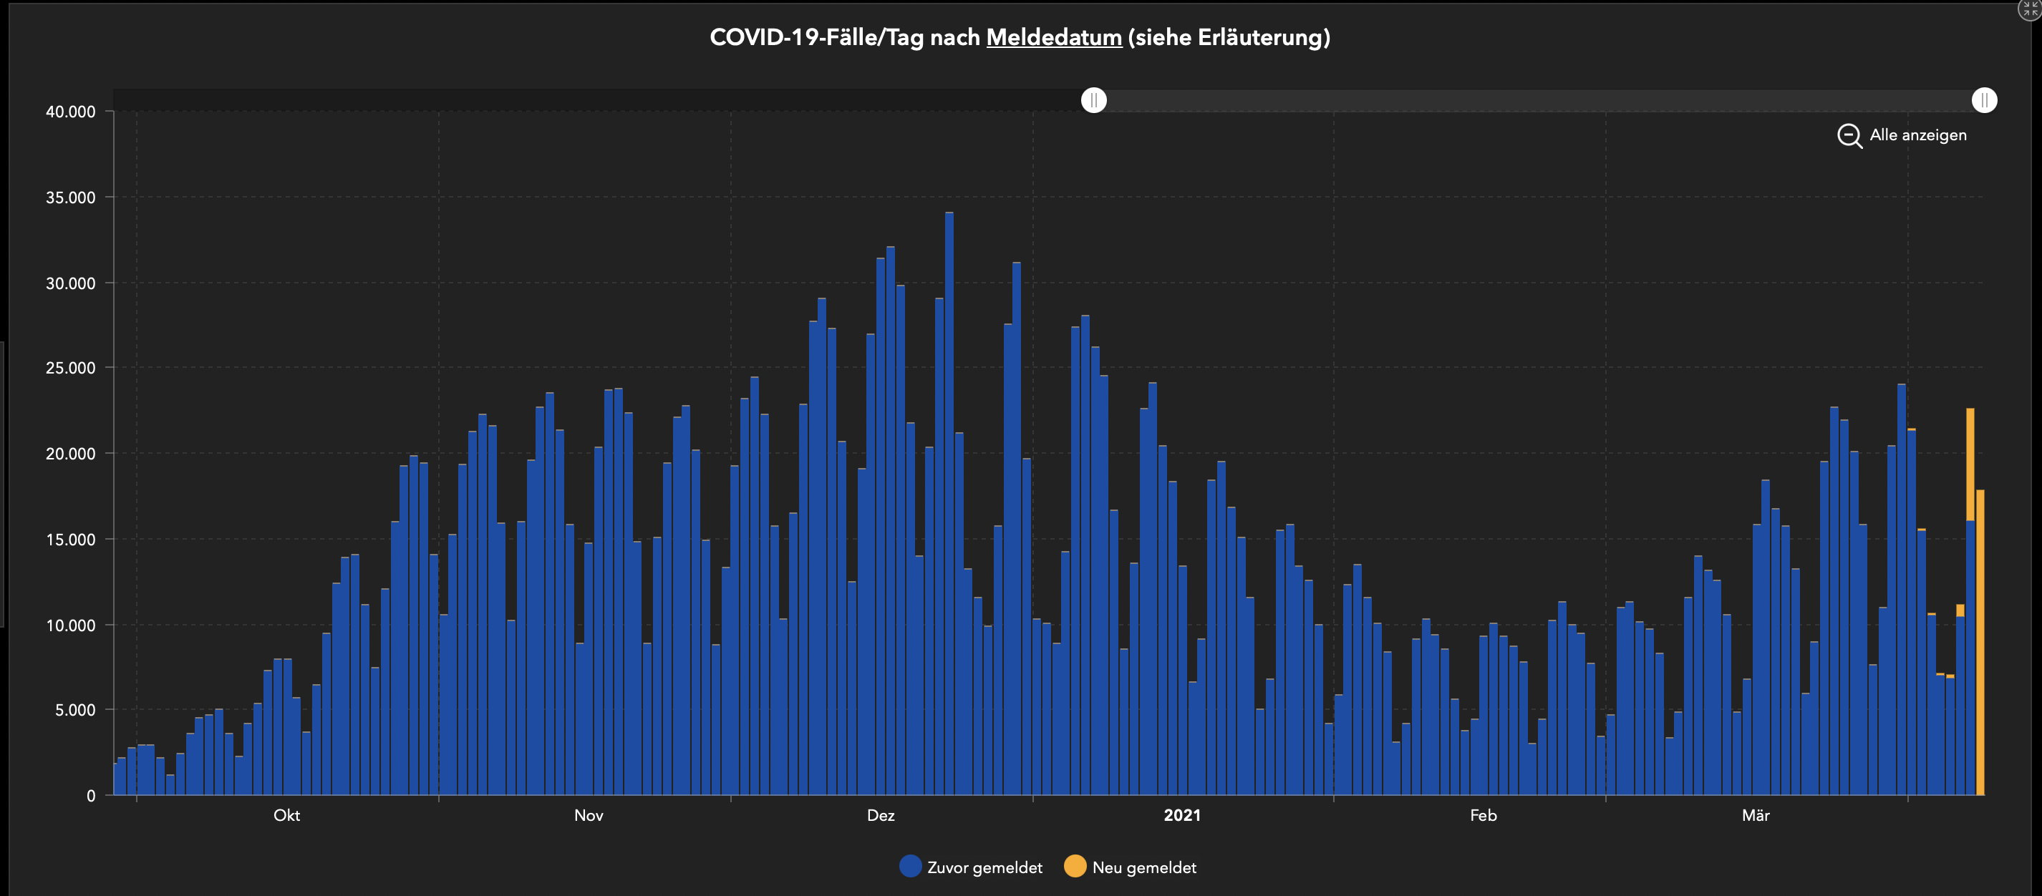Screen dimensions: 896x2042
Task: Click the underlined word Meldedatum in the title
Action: (x=1053, y=37)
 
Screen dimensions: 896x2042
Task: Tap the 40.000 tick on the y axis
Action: (x=71, y=112)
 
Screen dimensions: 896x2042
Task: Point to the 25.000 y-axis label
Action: (x=71, y=368)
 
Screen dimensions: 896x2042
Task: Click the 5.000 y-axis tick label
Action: (x=74, y=710)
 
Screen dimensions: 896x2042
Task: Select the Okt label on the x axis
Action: (x=286, y=815)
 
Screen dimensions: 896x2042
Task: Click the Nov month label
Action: (x=589, y=815)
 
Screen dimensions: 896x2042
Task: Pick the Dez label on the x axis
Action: (x=880, y=815)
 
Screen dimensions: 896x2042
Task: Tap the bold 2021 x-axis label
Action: (x=1181, y=815)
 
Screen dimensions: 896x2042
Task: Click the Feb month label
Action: (x=1482, y=815)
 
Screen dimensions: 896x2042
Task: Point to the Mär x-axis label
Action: (x=1755, y=815)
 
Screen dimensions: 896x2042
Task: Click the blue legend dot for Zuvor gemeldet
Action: (x=910, y=866)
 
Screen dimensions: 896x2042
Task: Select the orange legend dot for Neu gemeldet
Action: (x=1074, y=866)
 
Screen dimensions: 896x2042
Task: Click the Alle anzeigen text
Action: (x=1917, y=135)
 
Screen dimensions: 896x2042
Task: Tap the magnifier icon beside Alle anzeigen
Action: (x=1849, y=135)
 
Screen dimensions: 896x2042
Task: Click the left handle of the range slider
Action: (x=1093, y=99)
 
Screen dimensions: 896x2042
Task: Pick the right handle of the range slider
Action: (x=1983, y=99)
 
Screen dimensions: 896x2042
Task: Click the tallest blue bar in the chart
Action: (x=949, y=507)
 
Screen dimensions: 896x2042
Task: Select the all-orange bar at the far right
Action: (x=1980, y=642)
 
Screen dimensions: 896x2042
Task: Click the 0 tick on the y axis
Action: (x=91, y=795)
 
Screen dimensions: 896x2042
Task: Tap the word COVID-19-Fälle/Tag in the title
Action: (x=816, y=37)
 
